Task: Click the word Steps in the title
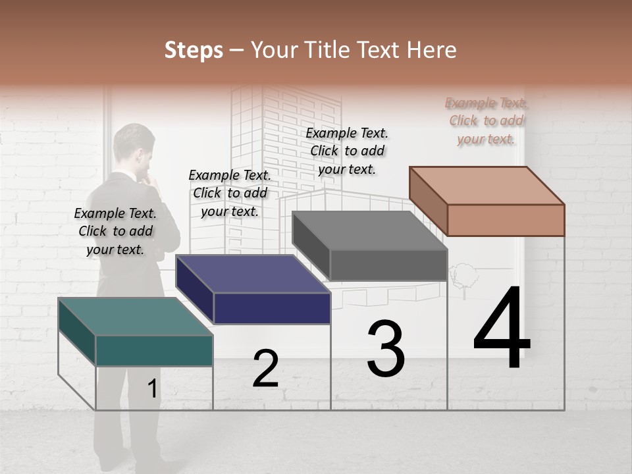click(x=193, y=50)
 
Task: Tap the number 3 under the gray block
click(x=385, y=349)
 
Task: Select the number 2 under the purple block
click(x=265, y=369)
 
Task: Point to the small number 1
click(x=152, y=389)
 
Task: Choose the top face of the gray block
click(x=369, y=230)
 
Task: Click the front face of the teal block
click(x=154, y=350)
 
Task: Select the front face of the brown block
click(x=506, y=220)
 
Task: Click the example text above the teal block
click(x=115, y=231)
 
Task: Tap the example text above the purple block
click(x=230, y=193)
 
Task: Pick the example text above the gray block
click(x=347, y=151)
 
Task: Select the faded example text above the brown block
click(x=486, y=120)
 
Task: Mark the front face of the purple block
click(x=272, y=308)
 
